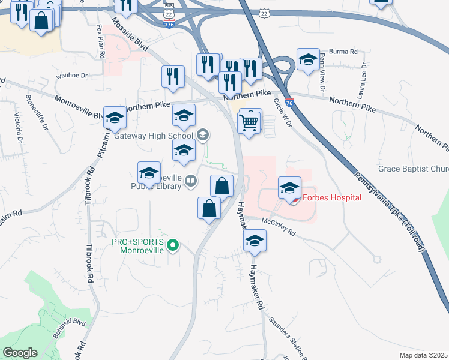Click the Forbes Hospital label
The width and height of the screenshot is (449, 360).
pos(331,197)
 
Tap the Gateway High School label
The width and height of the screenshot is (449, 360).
pos(153,136)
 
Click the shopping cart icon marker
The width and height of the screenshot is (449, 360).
pos(249,122)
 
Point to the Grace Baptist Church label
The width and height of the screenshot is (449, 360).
pos(413,169)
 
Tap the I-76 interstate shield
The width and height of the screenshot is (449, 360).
pos(289,103)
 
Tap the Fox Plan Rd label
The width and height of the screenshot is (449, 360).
pos(99,44)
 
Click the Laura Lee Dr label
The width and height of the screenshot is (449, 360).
pos(363,80)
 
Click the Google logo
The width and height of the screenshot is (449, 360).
pos(20,353)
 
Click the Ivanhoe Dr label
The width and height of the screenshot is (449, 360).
pos(71,76)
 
